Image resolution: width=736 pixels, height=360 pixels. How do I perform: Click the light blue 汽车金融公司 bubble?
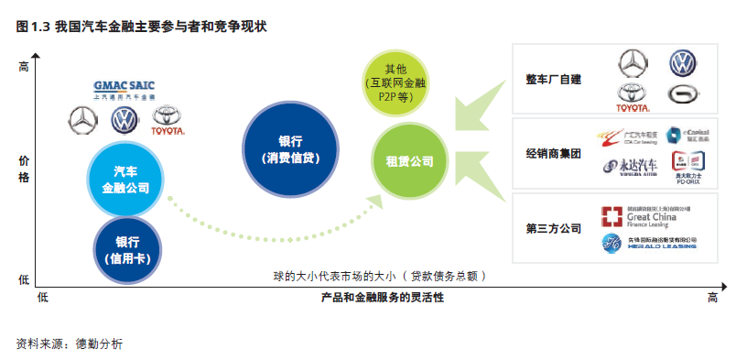(x=125, y=180)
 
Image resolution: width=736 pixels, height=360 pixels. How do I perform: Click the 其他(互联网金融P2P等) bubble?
(x=396, y=82)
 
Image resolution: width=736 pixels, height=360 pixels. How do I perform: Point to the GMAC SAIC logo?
(x=125, y=88)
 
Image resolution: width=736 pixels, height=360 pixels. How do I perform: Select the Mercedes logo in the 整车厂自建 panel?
(x=631, y=63)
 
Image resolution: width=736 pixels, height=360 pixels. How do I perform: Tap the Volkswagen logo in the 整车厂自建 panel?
(x=681, y=63)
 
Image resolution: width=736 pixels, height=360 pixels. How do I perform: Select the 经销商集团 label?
(x=553, y=154)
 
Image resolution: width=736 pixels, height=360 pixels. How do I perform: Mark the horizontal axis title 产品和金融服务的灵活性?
(x=383, y=298)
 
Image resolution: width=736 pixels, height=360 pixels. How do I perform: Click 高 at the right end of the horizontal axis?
(x=713, y=298)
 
